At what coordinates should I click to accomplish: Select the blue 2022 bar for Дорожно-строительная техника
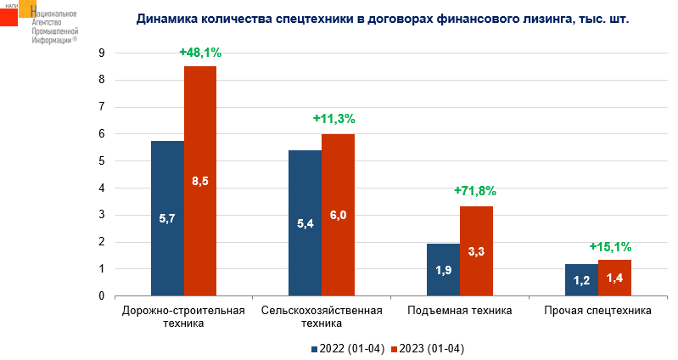point(167,218)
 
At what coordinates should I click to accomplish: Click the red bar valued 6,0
point(338,215)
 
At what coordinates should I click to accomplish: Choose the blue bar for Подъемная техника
point(443,270)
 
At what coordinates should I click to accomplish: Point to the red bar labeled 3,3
point(476,251)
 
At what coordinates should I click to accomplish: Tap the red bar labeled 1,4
point(614,278)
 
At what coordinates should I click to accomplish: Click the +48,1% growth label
point(200,53)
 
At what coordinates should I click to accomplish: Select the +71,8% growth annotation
point(474,191)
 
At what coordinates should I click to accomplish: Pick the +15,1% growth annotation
point(610,247)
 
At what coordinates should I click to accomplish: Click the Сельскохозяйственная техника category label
point(322,317)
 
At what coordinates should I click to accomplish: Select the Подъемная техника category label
point(459,311)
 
